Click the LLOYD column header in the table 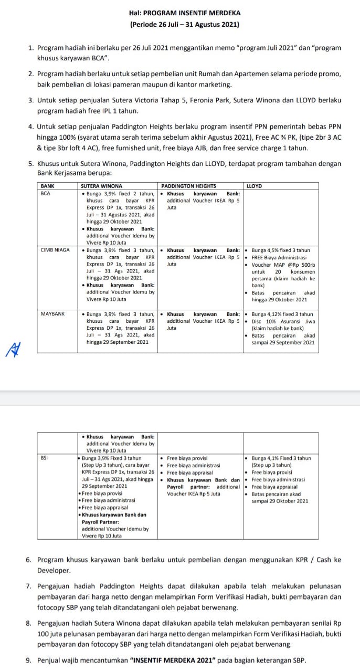coord(254,186)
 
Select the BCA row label coord(45,193)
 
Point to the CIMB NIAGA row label coord(55,250)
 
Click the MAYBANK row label coord(52,314)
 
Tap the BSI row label coord(44,458)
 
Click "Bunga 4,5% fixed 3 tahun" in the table coord(281,250)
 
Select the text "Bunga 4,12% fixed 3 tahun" coord(282,314)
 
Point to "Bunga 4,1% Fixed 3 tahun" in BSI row coord(281,458)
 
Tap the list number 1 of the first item coord(31,48)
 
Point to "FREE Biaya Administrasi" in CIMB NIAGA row coord(279,257)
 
